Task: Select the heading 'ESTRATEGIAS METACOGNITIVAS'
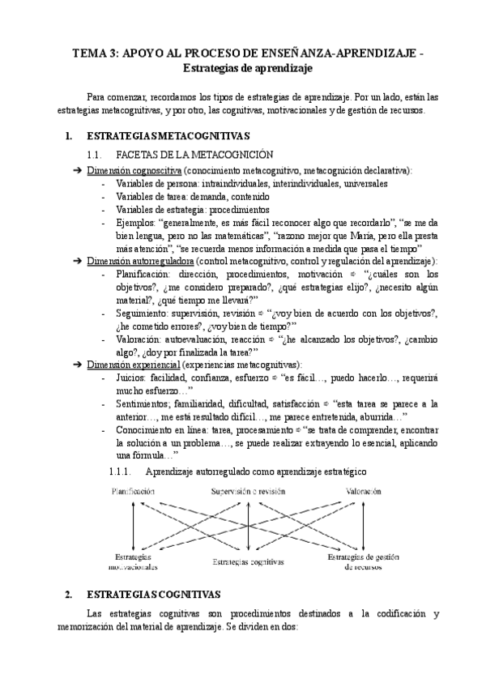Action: [x=168, y=136]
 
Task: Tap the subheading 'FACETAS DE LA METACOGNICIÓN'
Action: [x=184, y=153]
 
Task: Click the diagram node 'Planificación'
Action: [x=132, y=491]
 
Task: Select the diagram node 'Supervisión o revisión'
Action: [x=248, y=491]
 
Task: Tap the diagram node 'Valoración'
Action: [x=365, y=491]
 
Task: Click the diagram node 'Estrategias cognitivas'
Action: [x=249, y=561]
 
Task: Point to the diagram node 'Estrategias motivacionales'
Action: [x=133, y=562]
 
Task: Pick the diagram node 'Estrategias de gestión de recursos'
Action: [x=365, y=562]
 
